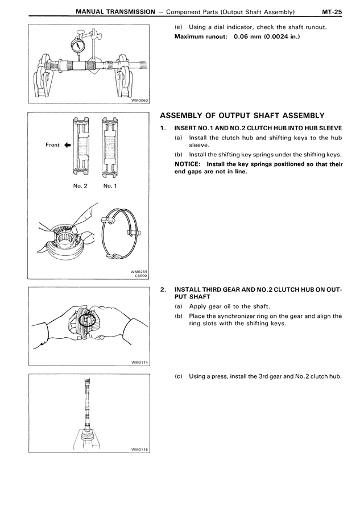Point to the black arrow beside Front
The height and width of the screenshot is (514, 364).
[x=67, y=145]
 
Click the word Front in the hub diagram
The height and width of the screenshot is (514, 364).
[x=52, y=145]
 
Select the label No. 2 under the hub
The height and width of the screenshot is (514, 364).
[x=80, y=186]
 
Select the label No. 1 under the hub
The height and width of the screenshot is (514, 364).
[x=110, y=186]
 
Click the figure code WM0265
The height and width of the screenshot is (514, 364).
[x=139, y=272]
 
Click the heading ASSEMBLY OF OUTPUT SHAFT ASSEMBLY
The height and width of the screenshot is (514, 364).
[x=243, y=115]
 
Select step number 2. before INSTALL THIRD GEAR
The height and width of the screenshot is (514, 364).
[x=163, y=289]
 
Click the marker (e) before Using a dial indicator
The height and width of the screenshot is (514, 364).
[x=178, y=28]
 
